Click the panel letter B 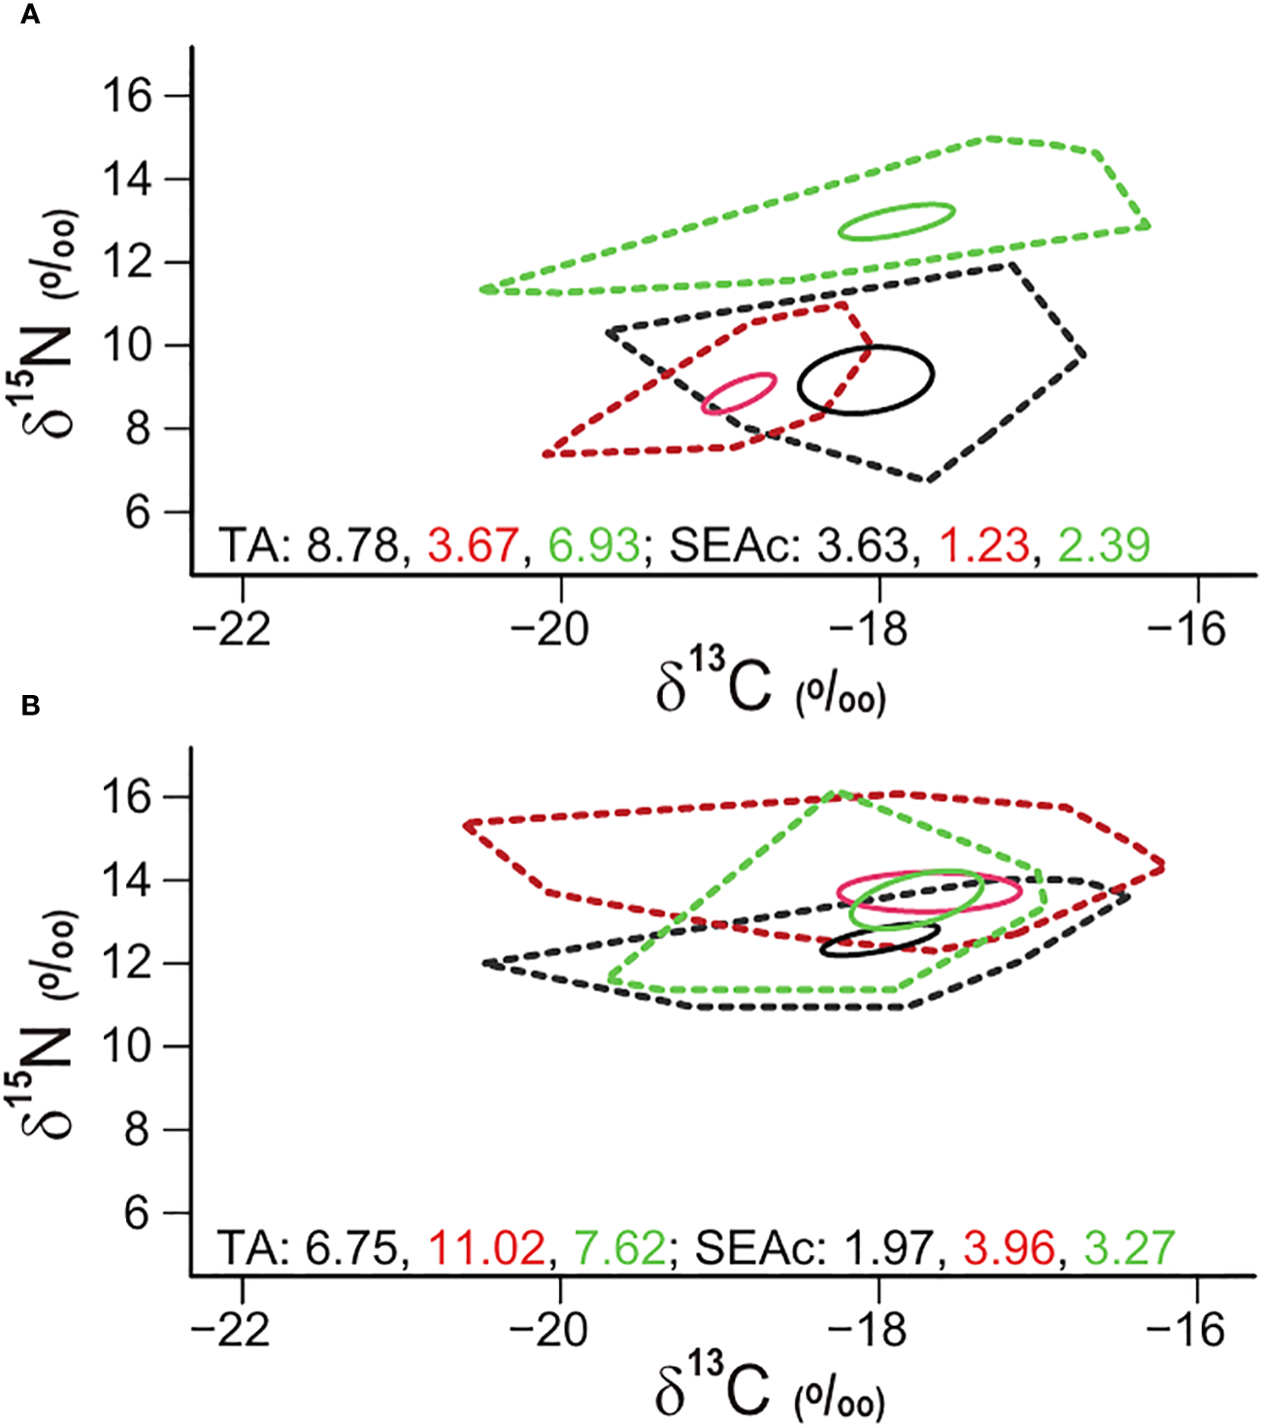[x=30, y=706]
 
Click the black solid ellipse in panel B [x=879, y=941]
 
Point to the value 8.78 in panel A [x=352, y=546]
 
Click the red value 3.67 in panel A [x=473, y=546]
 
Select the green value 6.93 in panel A [x=593, y=546]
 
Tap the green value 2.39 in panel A [x=1104, y=546]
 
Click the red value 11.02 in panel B [x=486, y=1247]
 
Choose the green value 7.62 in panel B [x=619, y=1247]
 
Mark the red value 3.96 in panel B [x=1009, y=1247]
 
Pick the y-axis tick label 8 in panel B [x=138, y=1131]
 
